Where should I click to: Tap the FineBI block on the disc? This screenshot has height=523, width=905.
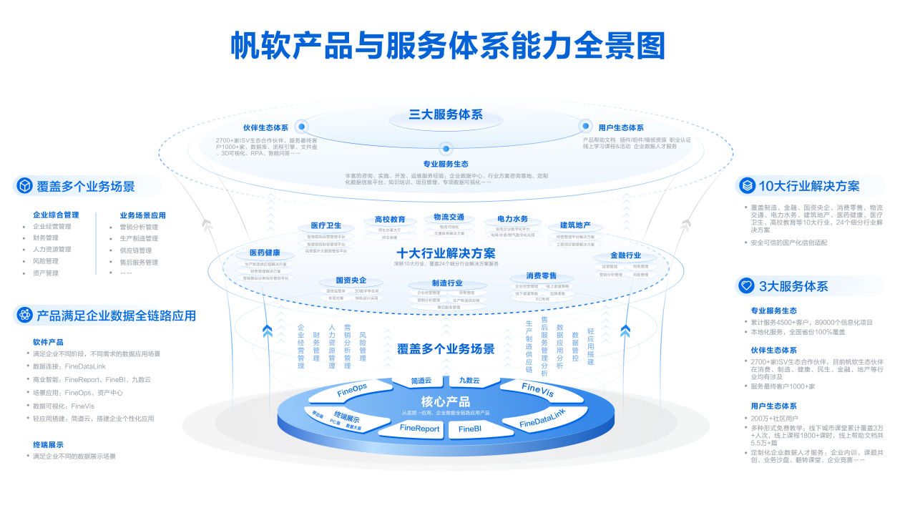click(x=470, y=429)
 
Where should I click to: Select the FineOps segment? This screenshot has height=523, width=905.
click(x=352, y=390)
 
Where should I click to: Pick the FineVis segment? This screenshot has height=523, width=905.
click(x=537, y=390)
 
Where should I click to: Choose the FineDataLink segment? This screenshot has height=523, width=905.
click(x=542, y=419)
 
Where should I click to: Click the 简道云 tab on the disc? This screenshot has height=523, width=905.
click(x=421, y=381)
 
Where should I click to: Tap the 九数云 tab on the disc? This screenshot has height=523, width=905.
click(x=469, y=381)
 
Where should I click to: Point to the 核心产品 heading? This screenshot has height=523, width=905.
click(x=446, y=401)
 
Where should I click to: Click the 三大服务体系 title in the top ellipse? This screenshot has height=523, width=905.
click(x=446, y=114)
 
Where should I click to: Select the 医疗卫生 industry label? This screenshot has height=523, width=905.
click(x=326, y=226)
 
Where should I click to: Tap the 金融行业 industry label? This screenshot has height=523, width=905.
click(x=625, y=255)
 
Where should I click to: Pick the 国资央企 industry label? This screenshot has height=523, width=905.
click(x=351, y=280)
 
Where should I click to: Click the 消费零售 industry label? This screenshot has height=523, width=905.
click(x=541, y=276)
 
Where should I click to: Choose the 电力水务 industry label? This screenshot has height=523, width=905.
click(x=512, y=219)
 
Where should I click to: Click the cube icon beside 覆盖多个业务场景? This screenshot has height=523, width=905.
click(x=25, y=186)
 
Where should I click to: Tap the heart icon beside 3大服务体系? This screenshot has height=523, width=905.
click(x=747, y=286)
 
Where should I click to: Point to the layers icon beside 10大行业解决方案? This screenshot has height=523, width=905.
click(x=747, y=186)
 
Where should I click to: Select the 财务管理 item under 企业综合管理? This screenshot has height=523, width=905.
click(x=46, y=238)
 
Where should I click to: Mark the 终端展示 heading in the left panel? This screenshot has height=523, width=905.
click(x=48, y=444)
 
